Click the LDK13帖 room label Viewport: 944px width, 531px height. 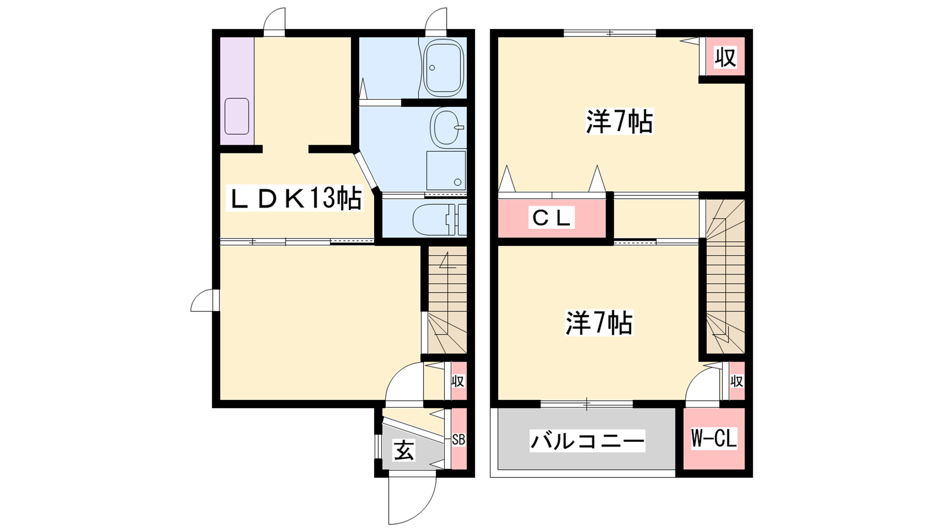coord(294,198)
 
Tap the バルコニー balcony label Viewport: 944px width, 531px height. coord(588,441)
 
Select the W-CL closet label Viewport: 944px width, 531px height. coord(714,438)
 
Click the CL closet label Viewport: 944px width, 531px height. coord(552,218)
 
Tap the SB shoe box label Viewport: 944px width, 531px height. coord(458,440)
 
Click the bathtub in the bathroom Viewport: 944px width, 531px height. coord(444,68)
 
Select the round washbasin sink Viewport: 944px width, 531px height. coord(447,127)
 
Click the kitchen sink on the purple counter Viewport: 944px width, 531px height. coord(237,116)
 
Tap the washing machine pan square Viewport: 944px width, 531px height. coord(446,171)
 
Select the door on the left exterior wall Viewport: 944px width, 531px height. coord(205,300)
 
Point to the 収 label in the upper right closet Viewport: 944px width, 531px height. coord(725,57)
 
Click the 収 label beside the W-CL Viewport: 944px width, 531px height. coord(736,381)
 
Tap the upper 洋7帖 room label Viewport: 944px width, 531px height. coord(619,122)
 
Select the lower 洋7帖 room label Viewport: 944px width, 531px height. coord(599,323)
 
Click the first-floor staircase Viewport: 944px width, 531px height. coord(448,300)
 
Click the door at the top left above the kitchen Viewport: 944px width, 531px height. coord(274,22)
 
